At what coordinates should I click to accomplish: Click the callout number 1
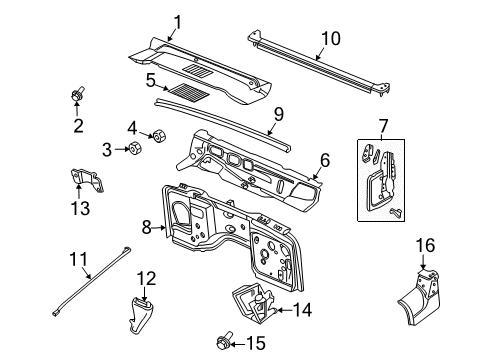pos(177,21)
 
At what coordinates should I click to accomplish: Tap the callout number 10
pos(329,40)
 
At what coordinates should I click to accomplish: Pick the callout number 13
pos(80,208)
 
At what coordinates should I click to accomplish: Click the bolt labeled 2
pos(77,96)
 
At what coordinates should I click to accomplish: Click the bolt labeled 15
pos(222,346)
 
